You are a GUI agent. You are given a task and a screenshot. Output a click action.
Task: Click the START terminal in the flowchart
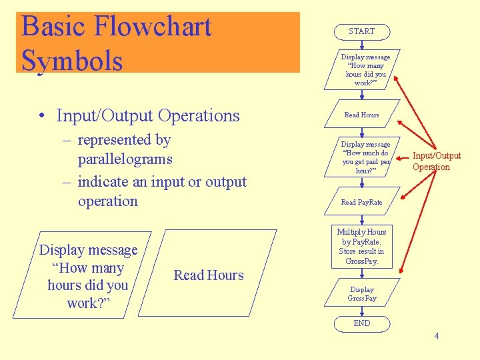[x=361, y=31]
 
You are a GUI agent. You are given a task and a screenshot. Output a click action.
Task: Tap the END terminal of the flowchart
[x=362, y=323]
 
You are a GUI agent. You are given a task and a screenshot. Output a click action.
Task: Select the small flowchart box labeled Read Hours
[x=361, y=115]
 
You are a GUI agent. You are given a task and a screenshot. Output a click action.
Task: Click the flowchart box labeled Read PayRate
[x=361, y=202]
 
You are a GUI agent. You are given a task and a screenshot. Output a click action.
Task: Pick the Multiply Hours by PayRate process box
[x=361, y=247]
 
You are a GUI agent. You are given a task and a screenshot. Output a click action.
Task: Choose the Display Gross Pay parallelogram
[x=362, y=294]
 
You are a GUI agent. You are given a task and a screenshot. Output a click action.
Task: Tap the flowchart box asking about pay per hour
[x=361, y=157]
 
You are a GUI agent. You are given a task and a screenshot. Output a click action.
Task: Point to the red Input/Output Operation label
[x=436, y=161]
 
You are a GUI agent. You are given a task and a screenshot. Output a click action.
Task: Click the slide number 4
[x=437, y=336]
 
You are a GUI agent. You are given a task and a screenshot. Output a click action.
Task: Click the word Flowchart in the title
[x=153, y=27]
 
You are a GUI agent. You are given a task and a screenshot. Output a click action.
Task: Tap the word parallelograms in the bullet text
[x=125, y=159]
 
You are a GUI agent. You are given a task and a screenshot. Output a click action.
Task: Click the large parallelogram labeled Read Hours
[x=209, y=275]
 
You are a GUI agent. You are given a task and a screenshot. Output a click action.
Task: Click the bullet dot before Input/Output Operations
[x=42, y=116]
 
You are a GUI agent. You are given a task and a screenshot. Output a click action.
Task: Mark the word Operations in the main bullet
[x=197, y=115]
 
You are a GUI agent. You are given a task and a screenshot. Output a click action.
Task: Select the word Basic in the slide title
[x=53, y=27]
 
